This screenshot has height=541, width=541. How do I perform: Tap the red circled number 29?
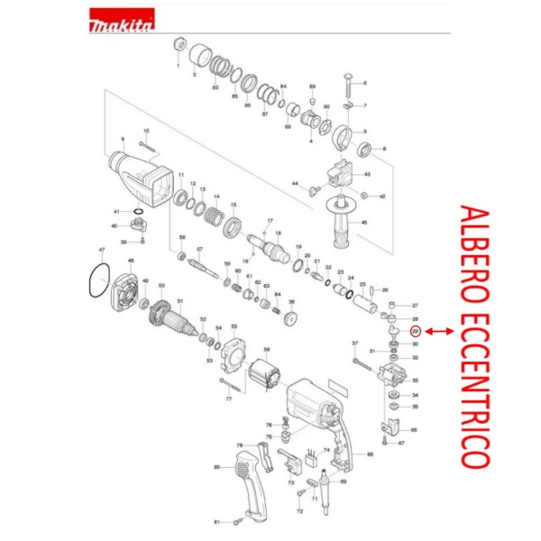415,332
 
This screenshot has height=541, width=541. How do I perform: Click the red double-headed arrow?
439,332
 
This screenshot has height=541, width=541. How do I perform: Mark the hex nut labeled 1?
179,47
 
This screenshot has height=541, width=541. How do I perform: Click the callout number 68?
370,454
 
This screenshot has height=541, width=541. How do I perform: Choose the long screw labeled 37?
363,363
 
